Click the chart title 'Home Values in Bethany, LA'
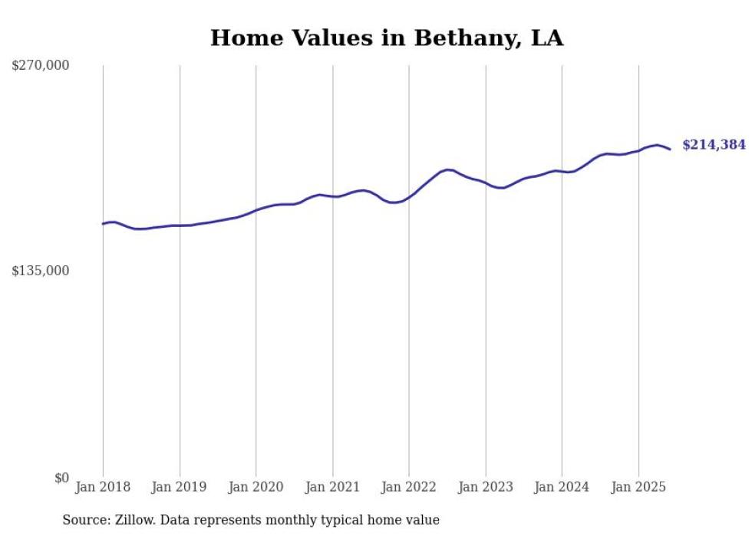click(x=387, y=38)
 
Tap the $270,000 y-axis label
click(x=41, y=65)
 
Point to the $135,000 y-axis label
click(x=41, y=271)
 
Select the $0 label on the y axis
click(x=61, y=477)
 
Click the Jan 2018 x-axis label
click(x=103, y=487)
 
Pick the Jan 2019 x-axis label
click(x=180, y=487)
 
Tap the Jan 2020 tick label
click(x=256, y=487)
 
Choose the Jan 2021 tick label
click(x=332, y=487)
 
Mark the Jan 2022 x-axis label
click(x=409, y=487)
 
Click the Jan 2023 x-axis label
click(x=485, y=487)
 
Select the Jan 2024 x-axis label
click(x=562, y=487)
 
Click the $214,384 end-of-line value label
click(x=714, y=144)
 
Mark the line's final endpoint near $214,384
click(x=670, y=149)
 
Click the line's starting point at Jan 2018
click(x=103, y=224)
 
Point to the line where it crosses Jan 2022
click(x=409, y=197)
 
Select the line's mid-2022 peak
click(x=448, y=169)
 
